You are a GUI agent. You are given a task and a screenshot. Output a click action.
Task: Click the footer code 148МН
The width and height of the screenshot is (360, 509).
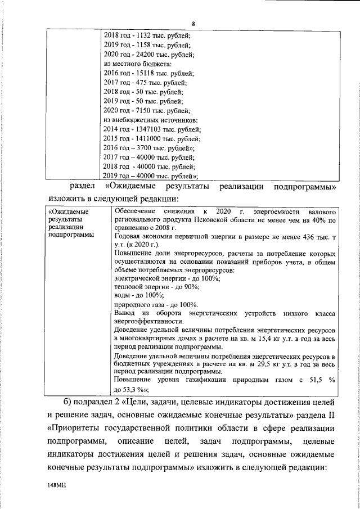point(58,483)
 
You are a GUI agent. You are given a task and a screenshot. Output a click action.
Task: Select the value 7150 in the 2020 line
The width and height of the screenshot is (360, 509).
point(144,110)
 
